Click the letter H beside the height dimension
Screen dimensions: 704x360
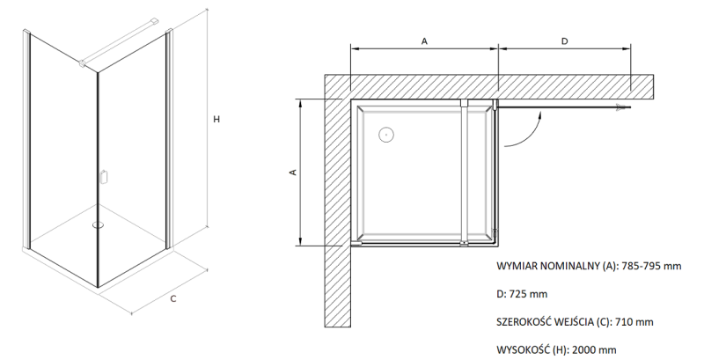[216, 120]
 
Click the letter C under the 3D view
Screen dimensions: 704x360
[173, 299]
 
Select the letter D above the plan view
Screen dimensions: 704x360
[565, 41]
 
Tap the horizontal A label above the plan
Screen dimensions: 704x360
[424, 41]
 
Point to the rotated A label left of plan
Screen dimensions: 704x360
[293, 173]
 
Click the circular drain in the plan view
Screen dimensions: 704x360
[385, 134]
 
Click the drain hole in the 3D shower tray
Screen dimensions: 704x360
[98, 224]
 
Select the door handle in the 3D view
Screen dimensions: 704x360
[103, 176]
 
